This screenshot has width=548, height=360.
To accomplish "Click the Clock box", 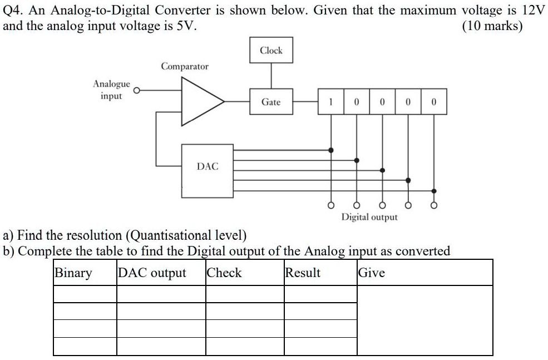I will tap(271, 51).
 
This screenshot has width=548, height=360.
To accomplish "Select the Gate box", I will tap(271, 102).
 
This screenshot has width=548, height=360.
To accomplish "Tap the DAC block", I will tap(208, 166).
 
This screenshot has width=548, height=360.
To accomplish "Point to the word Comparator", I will tap(185, 66).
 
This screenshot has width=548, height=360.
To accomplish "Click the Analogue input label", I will tap(111, 90).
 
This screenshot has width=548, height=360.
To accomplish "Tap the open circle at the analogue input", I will tap(135, 90).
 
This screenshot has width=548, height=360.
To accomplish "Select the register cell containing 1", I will tap(331, 102).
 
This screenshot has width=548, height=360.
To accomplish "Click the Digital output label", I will tap(369, 217).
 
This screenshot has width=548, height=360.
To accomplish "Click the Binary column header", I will tap(73, 273).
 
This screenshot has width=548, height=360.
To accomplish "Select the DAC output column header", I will tap(152, 273).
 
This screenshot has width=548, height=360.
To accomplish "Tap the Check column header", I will tap(224, 273).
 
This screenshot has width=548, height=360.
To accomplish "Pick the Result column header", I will tap(303, 273).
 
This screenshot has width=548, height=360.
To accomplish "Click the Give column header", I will tap(371, 273).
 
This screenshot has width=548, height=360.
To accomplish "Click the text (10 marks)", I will tap(492, 26).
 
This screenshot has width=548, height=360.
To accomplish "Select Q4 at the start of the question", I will tap(13, 11).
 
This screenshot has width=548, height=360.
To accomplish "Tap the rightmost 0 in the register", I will tap(433, 102).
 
